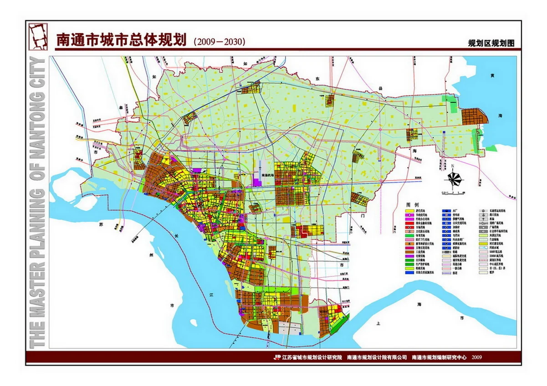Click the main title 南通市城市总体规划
coord(120,40)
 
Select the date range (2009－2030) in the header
coord(220,41)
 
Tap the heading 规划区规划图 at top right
coord(491,44)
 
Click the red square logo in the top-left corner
coord(39,36)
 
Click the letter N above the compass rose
coord(453,167)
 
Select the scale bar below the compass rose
coord(454,193)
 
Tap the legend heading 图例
coord(412,206)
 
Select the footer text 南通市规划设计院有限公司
coord(376,357)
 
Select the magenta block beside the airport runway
coord(258,181)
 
